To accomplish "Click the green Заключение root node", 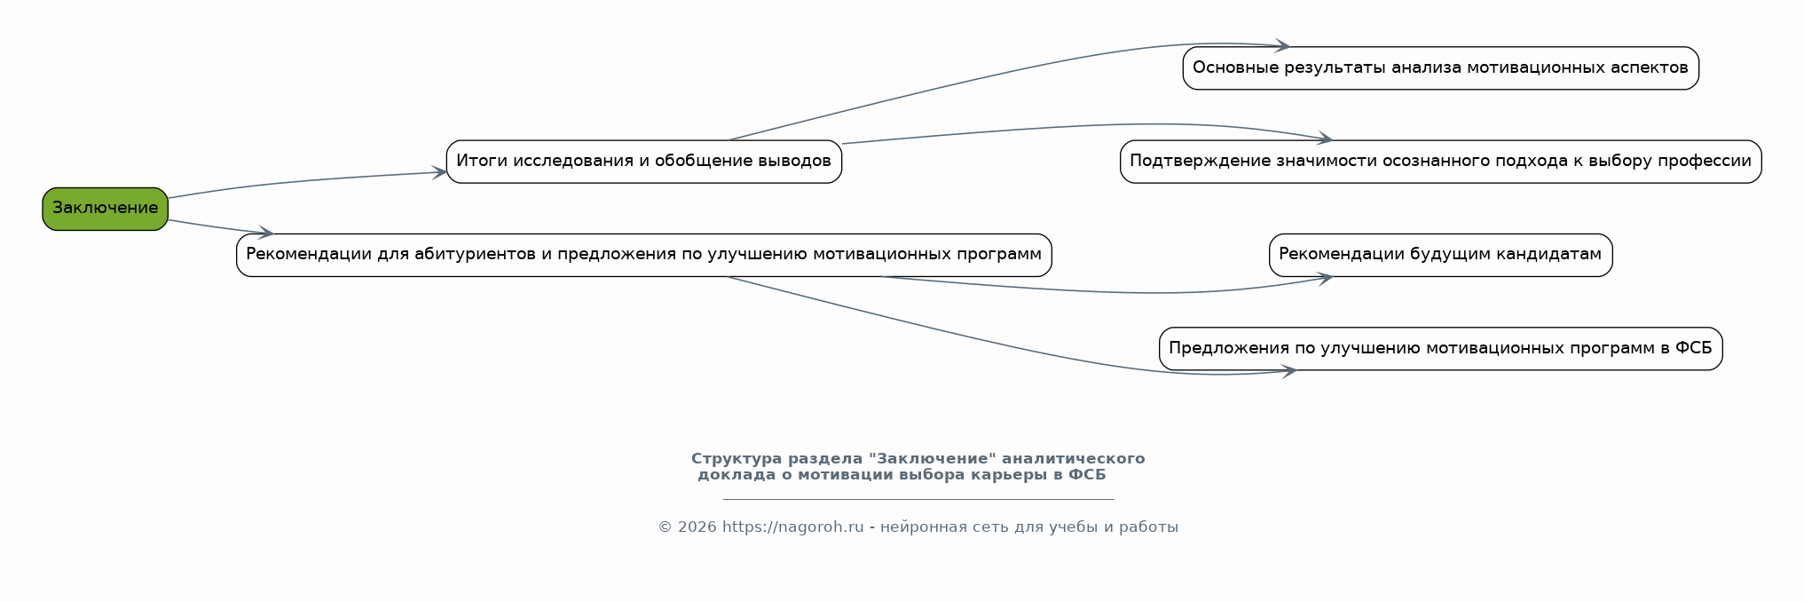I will [x=105, y=209].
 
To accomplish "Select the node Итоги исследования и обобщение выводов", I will [x=643, y=162].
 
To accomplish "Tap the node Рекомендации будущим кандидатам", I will [x=1440, y=255].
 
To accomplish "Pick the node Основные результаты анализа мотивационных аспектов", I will [x=1440, y=68].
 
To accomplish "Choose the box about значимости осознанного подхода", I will [x=1440, y=162].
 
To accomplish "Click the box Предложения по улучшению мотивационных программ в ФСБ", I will [x=1440, y=349].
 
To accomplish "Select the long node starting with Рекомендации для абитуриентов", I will [x=643, y=255].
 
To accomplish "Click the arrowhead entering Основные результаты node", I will [x=1282, y=45].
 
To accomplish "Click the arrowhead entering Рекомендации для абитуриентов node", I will [x=265, y=233].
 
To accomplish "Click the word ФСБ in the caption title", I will [x=1087, y=475].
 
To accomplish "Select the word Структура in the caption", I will [x=732, y=459].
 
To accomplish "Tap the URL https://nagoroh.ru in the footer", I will [x=792, y=527].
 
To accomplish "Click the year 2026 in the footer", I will [x=697, y=527].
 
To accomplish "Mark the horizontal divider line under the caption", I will [x=918, y=499].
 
